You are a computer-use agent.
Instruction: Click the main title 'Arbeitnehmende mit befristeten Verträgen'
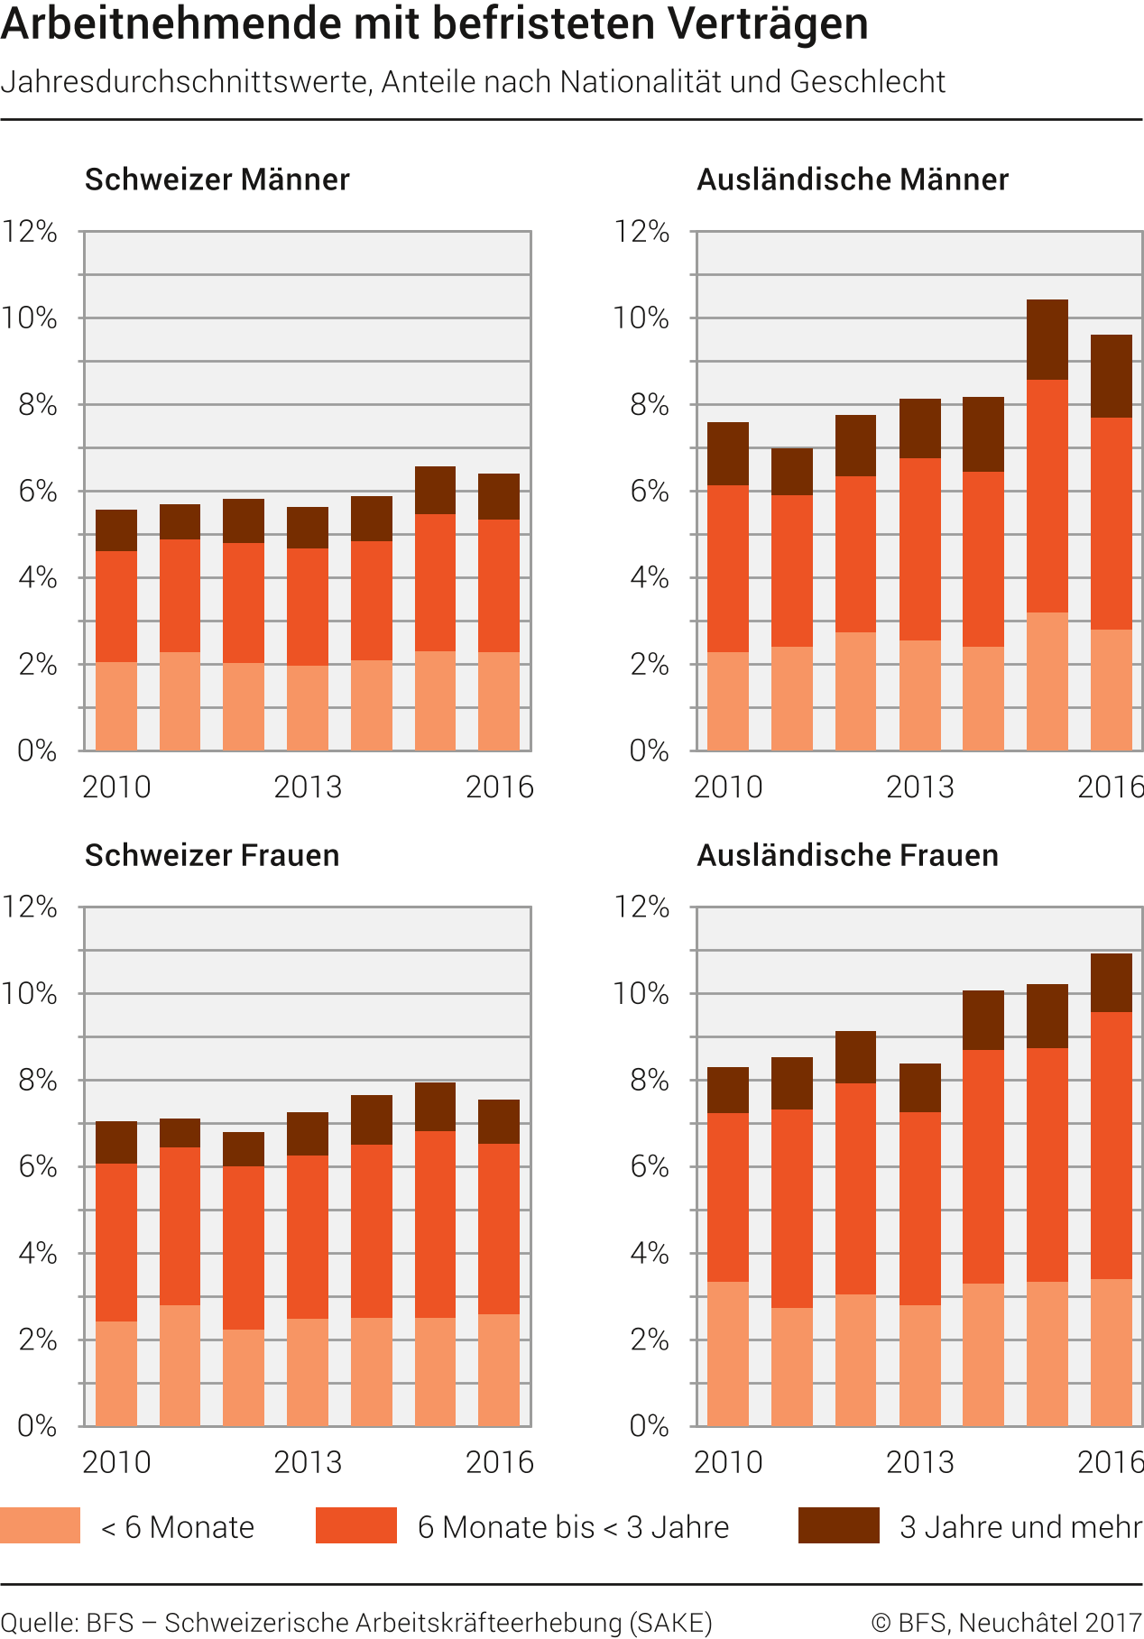click(434, 24)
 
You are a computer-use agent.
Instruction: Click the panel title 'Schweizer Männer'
click(217, 180)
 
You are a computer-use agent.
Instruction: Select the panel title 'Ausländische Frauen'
click(847, 855)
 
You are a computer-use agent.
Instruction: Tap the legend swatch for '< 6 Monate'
click(40, 1525)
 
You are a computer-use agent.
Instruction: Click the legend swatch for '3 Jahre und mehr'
click(838, 1525)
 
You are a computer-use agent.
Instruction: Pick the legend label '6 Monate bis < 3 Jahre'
click(573, 1527)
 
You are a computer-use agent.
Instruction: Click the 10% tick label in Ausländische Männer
click(641, 318)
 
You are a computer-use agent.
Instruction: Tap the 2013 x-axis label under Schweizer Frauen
click(308, 1462)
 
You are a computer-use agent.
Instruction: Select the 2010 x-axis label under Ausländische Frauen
click(728, 1462)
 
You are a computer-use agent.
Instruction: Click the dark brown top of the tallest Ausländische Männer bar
click(1047, 339)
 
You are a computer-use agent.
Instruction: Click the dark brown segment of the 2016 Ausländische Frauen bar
click(1112, 982)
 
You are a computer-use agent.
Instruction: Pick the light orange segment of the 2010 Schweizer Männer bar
click(116, 706)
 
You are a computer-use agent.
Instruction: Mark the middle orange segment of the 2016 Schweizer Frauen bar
click(499, 1229)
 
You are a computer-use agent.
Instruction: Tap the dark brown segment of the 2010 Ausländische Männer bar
click(728, 454)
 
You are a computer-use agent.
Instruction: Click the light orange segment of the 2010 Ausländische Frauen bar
click(728, 1353)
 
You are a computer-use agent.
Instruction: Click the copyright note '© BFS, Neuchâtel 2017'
click(1007, 1622)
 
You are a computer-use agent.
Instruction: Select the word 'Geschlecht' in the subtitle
click(867, 82)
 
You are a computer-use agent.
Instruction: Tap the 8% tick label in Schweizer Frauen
click(37, 1081)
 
